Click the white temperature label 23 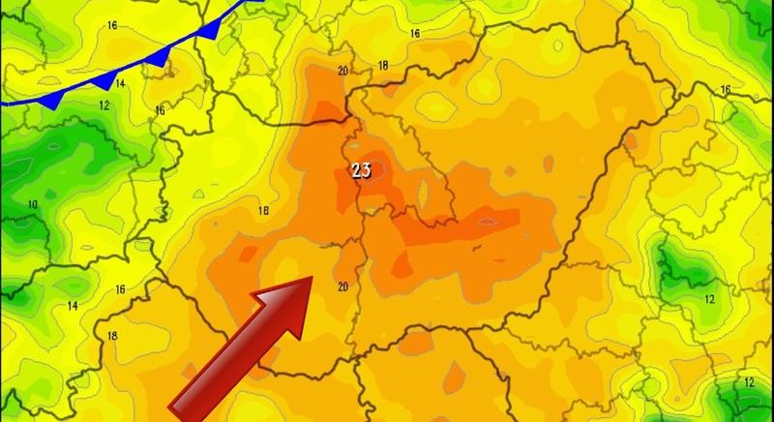pyautogui.click(x=363, y=170)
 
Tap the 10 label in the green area pyautogui.click(x=33, y=204)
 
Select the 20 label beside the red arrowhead pyautogui.click(x=342, y=286)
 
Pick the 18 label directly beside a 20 pyautogui.click(x=383, y=66)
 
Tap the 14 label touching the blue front pyautogui.click(x=121, y=84)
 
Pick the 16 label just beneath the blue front pyautogui.click(x=160, y=111)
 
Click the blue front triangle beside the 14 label pyautogui.click(x=106, y=77)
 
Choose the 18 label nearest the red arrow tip pyautogui.click(x=262, y=211)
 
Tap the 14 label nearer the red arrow pyautogui.click(x=74, y=306)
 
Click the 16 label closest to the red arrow pyautogui.click(x=121, y=289)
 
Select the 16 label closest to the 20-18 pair pyautogui.click(x=415, y=34)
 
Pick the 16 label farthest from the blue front pyautogui.click(x=726, y=90)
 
